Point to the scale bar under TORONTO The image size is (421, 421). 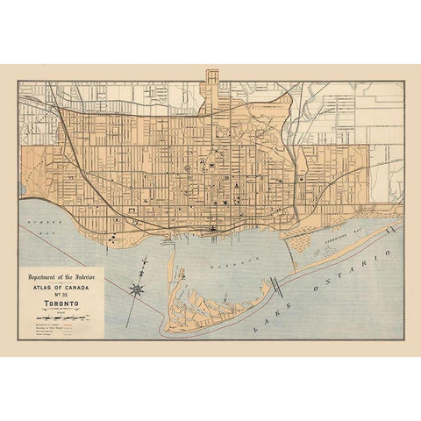pyautogui.click(x=61, y=318)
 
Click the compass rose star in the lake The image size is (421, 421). pyautogui.click(x=137, y=289)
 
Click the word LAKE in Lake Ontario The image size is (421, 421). pyautogui.click(x=263, y=322)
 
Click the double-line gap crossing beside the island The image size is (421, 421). pyautogui.click(x=276, y=286)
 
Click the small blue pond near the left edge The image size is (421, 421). pyautogui.click(x=22, y=189)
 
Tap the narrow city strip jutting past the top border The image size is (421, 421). pyautogui.click(x=211, y=79)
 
